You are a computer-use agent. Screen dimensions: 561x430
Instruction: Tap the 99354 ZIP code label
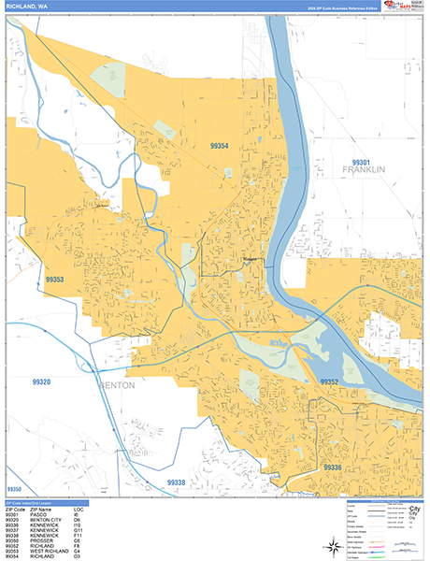220,146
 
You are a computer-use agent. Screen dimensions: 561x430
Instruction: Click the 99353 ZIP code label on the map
55,280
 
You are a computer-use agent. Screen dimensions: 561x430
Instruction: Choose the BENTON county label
117,384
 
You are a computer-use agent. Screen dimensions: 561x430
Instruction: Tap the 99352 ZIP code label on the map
329,382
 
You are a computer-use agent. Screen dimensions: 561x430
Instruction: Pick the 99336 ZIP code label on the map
333,466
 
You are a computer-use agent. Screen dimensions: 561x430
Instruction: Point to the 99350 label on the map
14,490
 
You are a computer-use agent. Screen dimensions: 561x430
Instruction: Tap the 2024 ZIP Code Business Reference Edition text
338,7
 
